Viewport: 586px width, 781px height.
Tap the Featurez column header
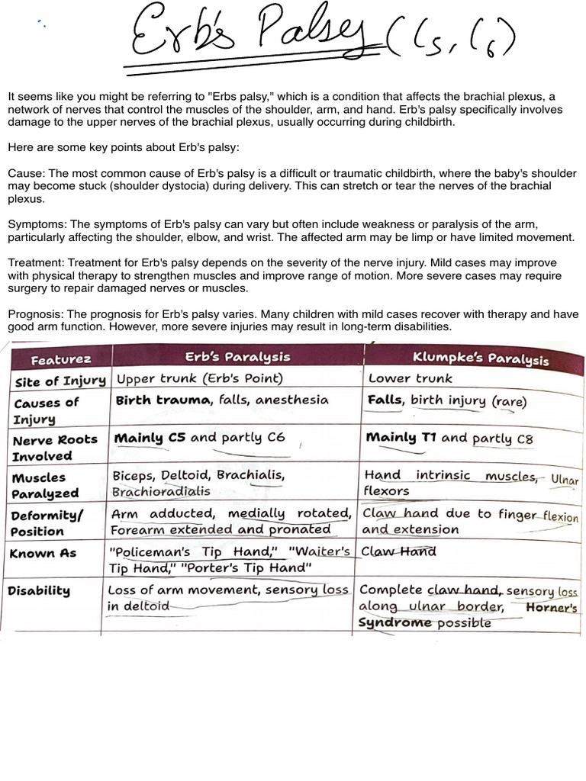[x=61, y=358]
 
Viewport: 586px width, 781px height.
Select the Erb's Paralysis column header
[x=238, y=357]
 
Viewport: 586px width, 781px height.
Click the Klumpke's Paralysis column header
[x=480, y=358]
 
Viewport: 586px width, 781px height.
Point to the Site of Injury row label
[x=60, y=380]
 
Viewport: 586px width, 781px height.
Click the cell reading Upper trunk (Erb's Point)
[x=198, y=378]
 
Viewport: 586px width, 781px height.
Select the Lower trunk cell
[x=410, y=378]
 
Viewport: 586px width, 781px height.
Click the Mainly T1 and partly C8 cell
[x=449, y=438]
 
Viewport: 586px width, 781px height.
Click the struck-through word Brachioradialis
[x=160, y=492]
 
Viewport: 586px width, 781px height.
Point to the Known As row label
[x=43, y=553]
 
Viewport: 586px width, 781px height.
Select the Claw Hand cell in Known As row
[x=398, y=551]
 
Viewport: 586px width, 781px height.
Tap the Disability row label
[x=39, y=590]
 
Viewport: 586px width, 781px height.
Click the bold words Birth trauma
[x=163, y=400]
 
